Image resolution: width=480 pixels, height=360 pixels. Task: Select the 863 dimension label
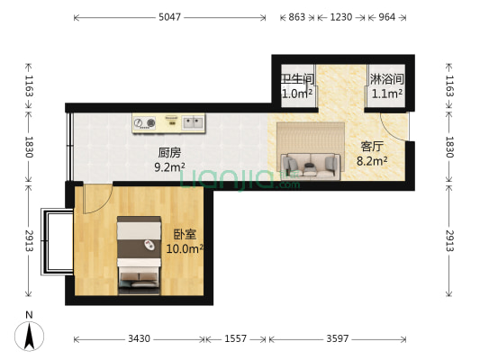(295, 17)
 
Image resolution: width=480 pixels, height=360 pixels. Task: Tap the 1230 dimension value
(340, 17)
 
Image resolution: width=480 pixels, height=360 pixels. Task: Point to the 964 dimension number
(386, 17)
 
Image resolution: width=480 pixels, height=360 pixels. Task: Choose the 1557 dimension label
(237, 339)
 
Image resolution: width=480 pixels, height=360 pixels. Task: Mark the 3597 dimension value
(340, 339)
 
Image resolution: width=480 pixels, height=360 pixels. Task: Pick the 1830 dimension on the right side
(450, 149)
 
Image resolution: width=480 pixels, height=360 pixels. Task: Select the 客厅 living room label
(372, 147)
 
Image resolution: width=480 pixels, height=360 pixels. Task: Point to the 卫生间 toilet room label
(296, 79)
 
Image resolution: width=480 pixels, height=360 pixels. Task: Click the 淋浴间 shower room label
(386, 79)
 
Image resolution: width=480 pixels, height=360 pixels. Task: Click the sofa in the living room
(311, 164)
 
